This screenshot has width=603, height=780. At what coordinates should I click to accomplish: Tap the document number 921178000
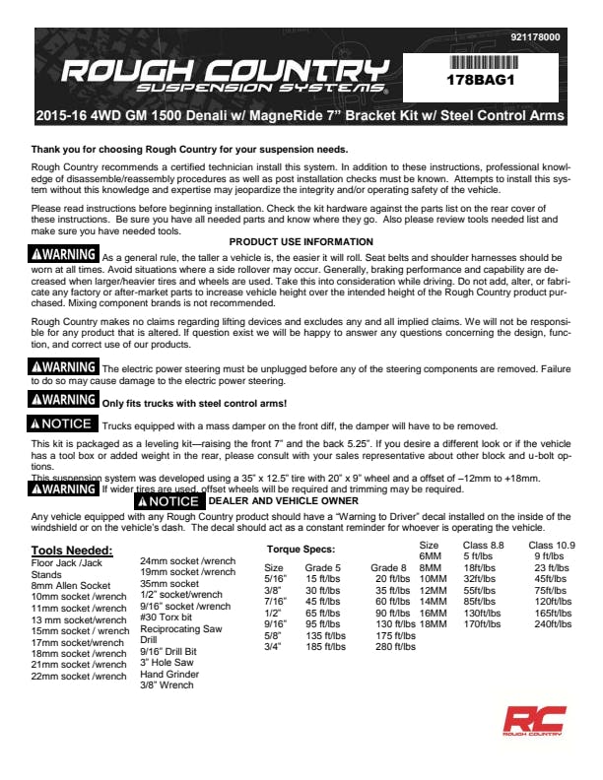point(535,37)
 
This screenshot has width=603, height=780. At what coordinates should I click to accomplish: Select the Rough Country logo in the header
point(221,74)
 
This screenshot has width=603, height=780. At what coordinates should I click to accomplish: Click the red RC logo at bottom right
point(532,722)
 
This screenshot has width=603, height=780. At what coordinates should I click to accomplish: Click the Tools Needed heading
point(72,550)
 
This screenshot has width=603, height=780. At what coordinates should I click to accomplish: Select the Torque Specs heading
point(301,549)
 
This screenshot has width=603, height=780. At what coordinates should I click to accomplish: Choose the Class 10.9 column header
point(552,545)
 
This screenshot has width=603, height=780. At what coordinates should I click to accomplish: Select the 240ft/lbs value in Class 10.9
point(554,623)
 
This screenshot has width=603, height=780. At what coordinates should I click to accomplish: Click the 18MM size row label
point(433,623)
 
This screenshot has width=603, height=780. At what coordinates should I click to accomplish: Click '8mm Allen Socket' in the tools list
point(71,585)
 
